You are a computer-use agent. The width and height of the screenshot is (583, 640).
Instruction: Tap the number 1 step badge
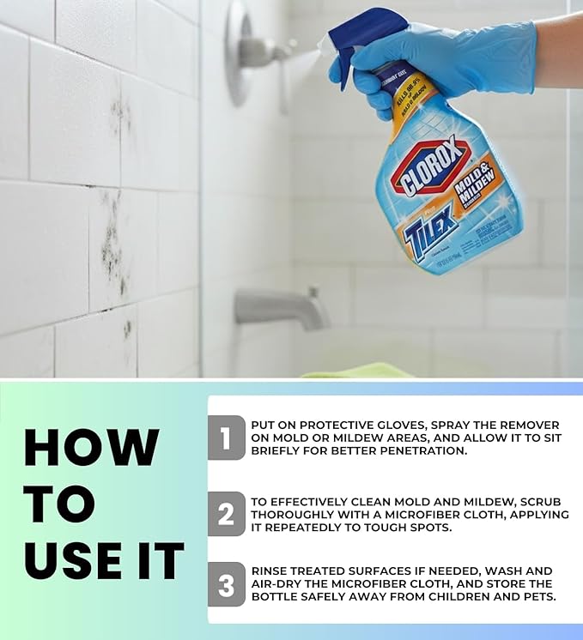(x=226, y=438)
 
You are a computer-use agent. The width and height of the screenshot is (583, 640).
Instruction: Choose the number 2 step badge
(x=226, y=513)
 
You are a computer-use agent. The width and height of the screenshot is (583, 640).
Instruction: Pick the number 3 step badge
(x=226, y=585)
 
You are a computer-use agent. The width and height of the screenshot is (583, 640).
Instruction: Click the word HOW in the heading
(x=91, y=447)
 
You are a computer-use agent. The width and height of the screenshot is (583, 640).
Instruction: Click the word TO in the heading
(x=59, y=504)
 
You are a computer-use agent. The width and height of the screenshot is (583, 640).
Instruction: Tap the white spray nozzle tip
(x=324, y=46)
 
